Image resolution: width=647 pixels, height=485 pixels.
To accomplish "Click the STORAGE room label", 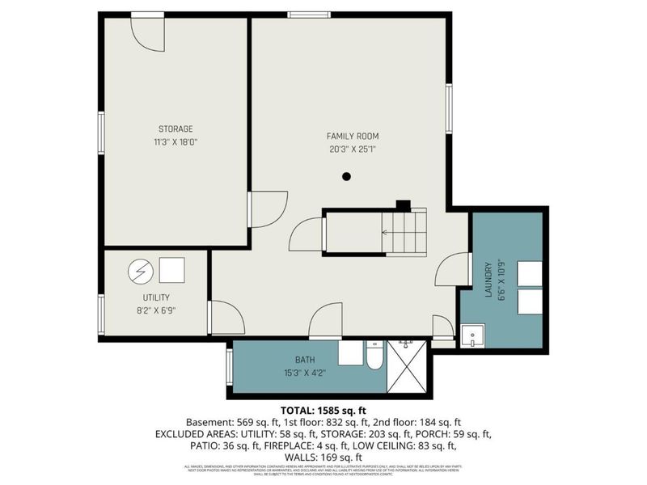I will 175,129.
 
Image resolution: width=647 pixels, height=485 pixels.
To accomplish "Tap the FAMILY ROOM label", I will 352,136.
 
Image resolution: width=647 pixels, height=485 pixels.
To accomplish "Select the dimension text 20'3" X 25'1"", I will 352,149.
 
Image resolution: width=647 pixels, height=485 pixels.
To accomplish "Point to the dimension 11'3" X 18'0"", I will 175,141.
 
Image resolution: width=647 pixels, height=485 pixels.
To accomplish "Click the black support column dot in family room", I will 346,176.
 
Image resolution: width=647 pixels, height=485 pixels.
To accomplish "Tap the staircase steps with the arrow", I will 404,232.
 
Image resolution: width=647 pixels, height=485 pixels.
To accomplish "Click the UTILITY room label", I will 155,297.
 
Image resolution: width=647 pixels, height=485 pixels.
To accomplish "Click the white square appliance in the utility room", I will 171,269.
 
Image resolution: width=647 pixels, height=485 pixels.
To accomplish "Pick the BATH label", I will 304,358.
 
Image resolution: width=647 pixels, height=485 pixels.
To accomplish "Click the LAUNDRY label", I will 488,279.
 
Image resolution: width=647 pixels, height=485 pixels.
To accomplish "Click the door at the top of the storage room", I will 149,32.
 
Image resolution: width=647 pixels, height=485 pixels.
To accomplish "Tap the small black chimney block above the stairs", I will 402,205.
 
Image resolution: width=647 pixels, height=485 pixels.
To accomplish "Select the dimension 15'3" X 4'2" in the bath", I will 304,372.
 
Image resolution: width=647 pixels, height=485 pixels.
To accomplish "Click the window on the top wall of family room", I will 302,15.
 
